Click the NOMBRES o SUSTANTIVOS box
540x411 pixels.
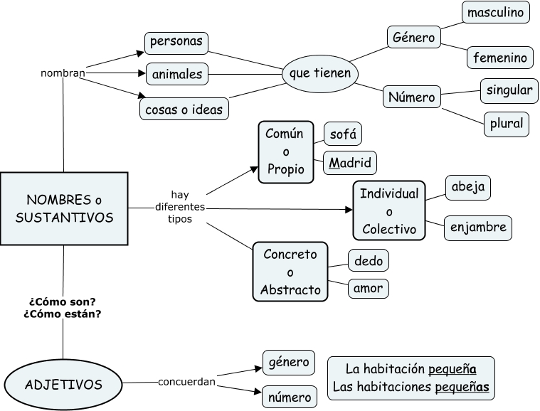64,208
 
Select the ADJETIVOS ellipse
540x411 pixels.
63,385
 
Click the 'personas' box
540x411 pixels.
176,41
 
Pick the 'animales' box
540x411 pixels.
176,73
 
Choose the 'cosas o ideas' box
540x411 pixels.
184,110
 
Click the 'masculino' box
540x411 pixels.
496,12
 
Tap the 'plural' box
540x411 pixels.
506,123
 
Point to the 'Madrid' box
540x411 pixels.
349,162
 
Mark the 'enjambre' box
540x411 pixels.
478,228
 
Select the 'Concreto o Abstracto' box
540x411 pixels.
290,272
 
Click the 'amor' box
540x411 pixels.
369,288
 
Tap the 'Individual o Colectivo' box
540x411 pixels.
388,211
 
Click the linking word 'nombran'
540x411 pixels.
63,73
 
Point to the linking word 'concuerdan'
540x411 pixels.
186,382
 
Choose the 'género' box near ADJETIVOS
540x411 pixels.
288,362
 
